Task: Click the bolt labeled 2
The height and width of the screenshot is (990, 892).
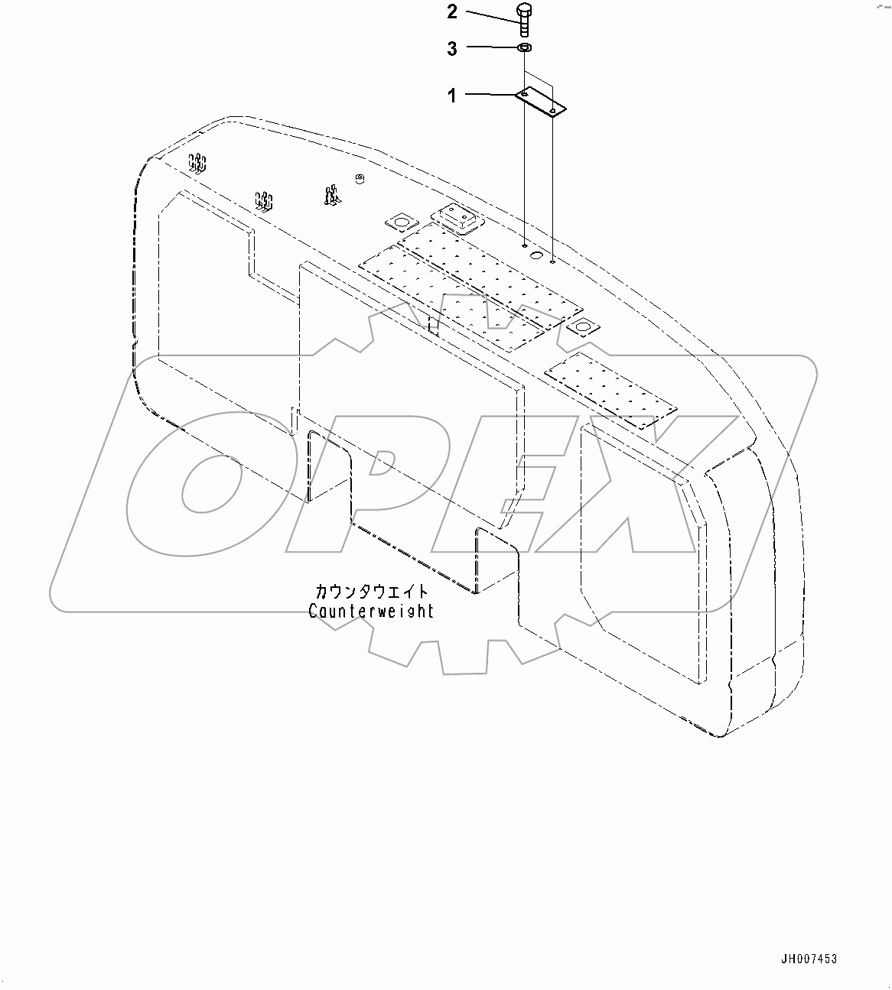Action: click(525, 20)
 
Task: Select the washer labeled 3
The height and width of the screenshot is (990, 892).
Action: click(525, 49)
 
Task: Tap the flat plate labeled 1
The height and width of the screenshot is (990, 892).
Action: click(540, 102)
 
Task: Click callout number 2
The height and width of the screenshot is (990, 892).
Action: click(452, 12)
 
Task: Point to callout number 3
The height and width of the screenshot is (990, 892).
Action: click(452, 49)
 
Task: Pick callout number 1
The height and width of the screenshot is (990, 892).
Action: click(452, 96)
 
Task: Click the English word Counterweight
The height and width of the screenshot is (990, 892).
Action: click(371, 611)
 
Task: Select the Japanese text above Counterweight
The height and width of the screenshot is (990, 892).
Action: click(372, 592)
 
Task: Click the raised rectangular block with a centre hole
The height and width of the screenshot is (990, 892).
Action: click(457, 219)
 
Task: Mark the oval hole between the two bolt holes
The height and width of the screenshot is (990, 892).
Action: click(538, 255)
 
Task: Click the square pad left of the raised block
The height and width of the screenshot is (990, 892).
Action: click(399, 222)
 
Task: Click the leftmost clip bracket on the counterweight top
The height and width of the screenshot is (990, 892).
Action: click(198, 163)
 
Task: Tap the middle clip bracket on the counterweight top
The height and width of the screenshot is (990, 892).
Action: click(264, 202)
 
